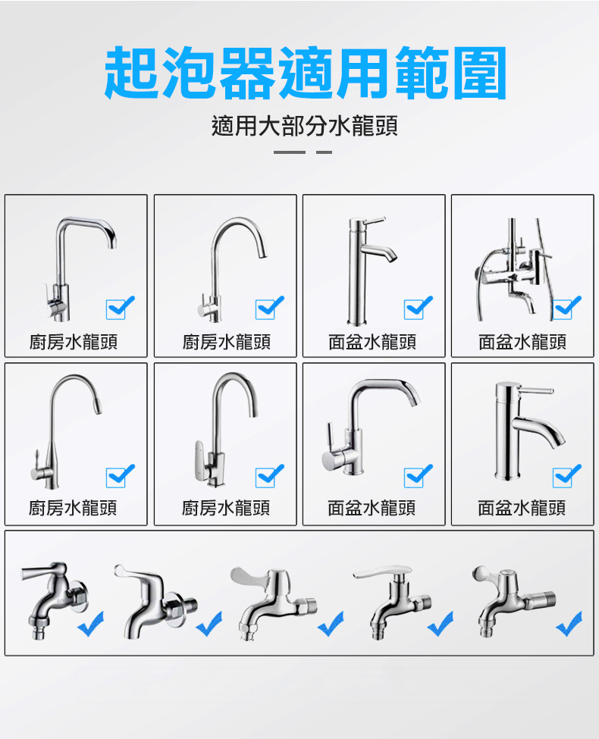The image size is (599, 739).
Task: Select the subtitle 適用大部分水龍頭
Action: (x=305, y=125)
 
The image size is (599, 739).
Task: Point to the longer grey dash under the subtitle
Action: (x=289, y=152)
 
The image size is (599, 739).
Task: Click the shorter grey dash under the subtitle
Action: (x=324, y=152)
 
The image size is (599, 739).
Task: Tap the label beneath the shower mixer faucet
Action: (x=522, y=343)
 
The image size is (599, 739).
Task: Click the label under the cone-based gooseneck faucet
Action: (x=74, y=508)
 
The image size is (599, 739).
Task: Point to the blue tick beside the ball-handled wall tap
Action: (x=569, y=624)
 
